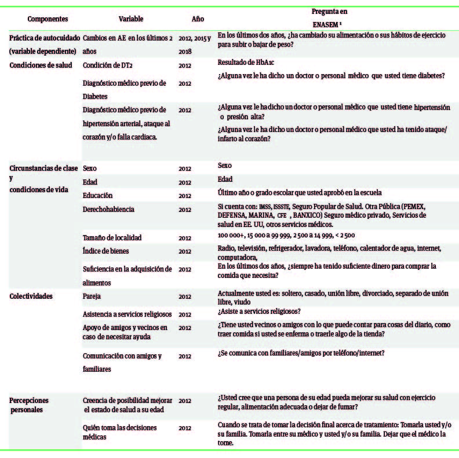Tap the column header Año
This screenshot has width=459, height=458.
[x=198, y=19]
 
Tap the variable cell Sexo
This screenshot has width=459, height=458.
[x=90, y=168]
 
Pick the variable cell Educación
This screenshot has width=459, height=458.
[x=98, y=195]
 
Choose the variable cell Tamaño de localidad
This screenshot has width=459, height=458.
[x=112, y=237]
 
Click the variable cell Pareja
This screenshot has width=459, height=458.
[x=93, y=296]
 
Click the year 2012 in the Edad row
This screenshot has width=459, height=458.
[x=185, y=182]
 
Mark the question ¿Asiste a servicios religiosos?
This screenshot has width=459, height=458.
[x=258, y=312]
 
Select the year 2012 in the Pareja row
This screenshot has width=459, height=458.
[x=185, y=297]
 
